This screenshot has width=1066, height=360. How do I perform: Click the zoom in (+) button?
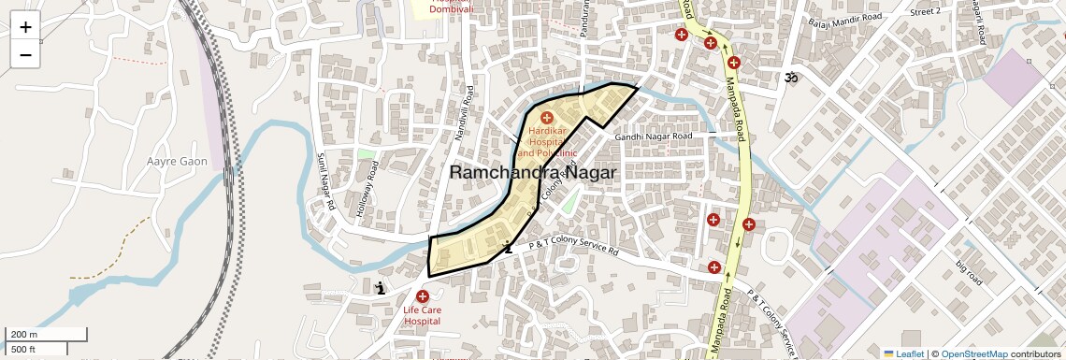pyautogui.click(x=25, y=27)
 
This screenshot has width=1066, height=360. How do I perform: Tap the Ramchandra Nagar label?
pyautogui.click(x=533, y=173)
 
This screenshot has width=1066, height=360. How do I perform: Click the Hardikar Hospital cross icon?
pyautogui.click(x=546, y=118)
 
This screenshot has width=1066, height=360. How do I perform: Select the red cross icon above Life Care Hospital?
pyautogui.click(x=422, y=295)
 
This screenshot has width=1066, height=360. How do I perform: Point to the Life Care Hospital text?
pyautogui.click(x=422, y=315)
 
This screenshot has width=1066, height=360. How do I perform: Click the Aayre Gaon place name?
pyautogui.click(x=177, y=162)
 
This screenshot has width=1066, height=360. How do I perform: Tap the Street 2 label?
pyautogui.click(x=925, y=11)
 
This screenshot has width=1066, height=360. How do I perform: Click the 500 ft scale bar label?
pyautogui.click(x=23, y=350)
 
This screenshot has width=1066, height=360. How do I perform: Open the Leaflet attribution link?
pyautogui.click(x=903, y=354)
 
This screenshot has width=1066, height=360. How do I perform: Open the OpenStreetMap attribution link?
pyautogui.click(x=973, y=354)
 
